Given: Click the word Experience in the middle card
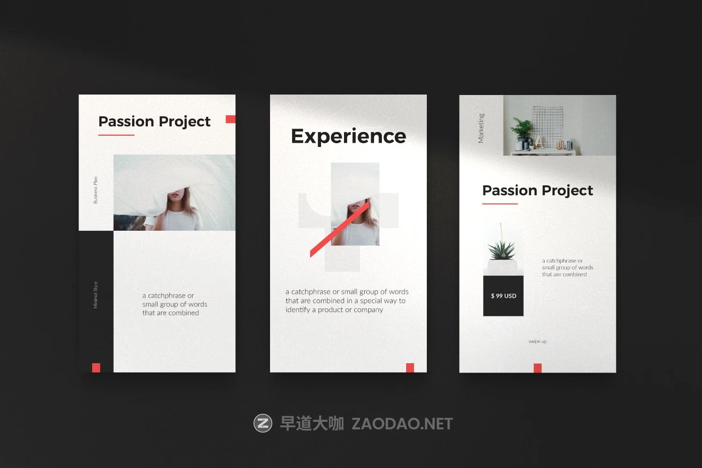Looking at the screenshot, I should (348, 136).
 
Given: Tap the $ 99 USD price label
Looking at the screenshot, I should (504, 296).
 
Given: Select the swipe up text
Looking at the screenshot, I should (537, 342).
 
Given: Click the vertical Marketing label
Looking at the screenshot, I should (481, 128).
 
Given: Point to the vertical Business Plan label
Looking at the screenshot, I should (95, 190).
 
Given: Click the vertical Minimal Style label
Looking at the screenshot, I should (95, 295).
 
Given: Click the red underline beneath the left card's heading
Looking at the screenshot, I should (116, 135).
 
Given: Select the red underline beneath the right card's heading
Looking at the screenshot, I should (500, 204).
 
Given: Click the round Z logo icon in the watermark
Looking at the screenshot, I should (263, 423).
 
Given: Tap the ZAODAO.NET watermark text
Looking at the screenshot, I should (402, 424).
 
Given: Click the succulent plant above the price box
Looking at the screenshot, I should (502, 248).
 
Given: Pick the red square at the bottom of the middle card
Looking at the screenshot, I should (410, 368).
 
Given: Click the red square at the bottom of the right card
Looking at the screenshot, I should (538, 368).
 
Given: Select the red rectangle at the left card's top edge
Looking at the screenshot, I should (230, 119).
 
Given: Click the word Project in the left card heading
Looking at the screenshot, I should (184, 122).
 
